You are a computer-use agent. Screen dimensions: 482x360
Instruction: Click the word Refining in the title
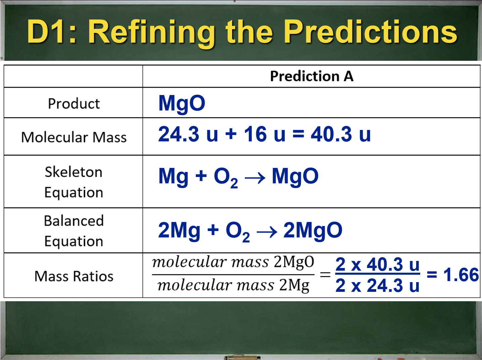151,33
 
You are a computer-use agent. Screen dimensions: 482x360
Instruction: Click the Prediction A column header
312,76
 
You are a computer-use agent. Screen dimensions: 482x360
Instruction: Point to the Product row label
74,103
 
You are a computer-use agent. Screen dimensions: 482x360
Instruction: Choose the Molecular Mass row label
74,137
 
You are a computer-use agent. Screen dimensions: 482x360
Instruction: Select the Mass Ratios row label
74,276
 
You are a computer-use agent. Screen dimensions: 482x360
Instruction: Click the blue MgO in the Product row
182,104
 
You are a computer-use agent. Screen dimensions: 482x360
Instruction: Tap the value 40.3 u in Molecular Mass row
341,134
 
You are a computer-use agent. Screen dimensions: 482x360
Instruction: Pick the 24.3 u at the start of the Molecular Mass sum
188,134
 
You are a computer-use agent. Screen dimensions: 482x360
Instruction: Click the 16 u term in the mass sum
265,134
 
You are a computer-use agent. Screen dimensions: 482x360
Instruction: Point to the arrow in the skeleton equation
255,178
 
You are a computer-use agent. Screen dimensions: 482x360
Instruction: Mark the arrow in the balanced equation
267,232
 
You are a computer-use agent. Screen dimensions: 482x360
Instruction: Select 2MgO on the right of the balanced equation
313,230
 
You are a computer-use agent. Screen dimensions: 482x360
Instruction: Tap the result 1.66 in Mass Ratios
461,275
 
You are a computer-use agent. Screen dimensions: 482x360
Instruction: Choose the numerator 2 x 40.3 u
378,264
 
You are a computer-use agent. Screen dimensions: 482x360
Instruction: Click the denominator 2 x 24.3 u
378,285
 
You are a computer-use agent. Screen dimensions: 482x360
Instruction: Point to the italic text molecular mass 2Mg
233,286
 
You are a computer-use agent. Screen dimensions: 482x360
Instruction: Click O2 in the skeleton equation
226,178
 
